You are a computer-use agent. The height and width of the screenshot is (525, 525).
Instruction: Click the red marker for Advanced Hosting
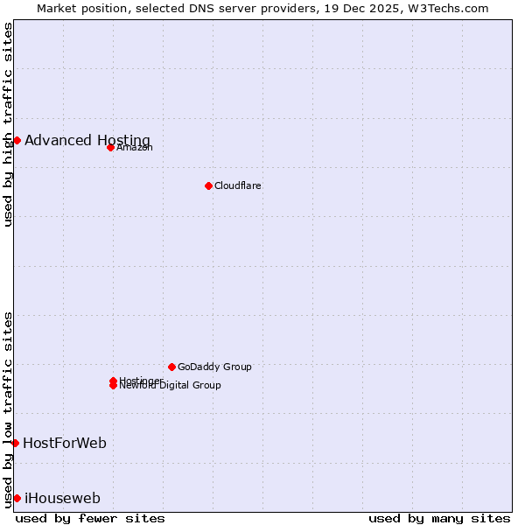17,140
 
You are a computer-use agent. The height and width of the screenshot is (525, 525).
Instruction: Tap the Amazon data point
110,147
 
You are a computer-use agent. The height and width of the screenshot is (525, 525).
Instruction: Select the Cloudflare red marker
208,185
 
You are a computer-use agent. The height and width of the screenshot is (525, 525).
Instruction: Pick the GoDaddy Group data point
171,367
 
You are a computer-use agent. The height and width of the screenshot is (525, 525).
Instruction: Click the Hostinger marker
113,381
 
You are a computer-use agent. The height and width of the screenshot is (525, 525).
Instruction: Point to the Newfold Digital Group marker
113,386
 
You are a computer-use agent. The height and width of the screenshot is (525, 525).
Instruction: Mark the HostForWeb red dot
15,443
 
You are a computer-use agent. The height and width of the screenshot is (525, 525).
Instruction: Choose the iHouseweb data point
17,498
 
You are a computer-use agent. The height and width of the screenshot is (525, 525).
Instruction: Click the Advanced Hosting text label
87,140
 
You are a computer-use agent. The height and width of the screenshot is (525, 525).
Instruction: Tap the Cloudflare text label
238,185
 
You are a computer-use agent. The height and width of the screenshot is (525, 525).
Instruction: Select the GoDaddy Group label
214,367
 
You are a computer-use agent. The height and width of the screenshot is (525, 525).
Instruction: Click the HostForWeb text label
65,443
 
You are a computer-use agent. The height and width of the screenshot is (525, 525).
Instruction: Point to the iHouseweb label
62,498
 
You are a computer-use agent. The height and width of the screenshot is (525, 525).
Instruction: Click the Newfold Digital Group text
171,386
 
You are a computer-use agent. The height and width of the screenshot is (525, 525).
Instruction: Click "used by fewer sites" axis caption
90,518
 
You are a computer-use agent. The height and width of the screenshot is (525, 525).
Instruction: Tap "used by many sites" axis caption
439,518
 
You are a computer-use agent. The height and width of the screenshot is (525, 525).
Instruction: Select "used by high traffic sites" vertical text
9,124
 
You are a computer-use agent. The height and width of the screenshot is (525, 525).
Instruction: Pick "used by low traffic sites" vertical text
9,409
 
